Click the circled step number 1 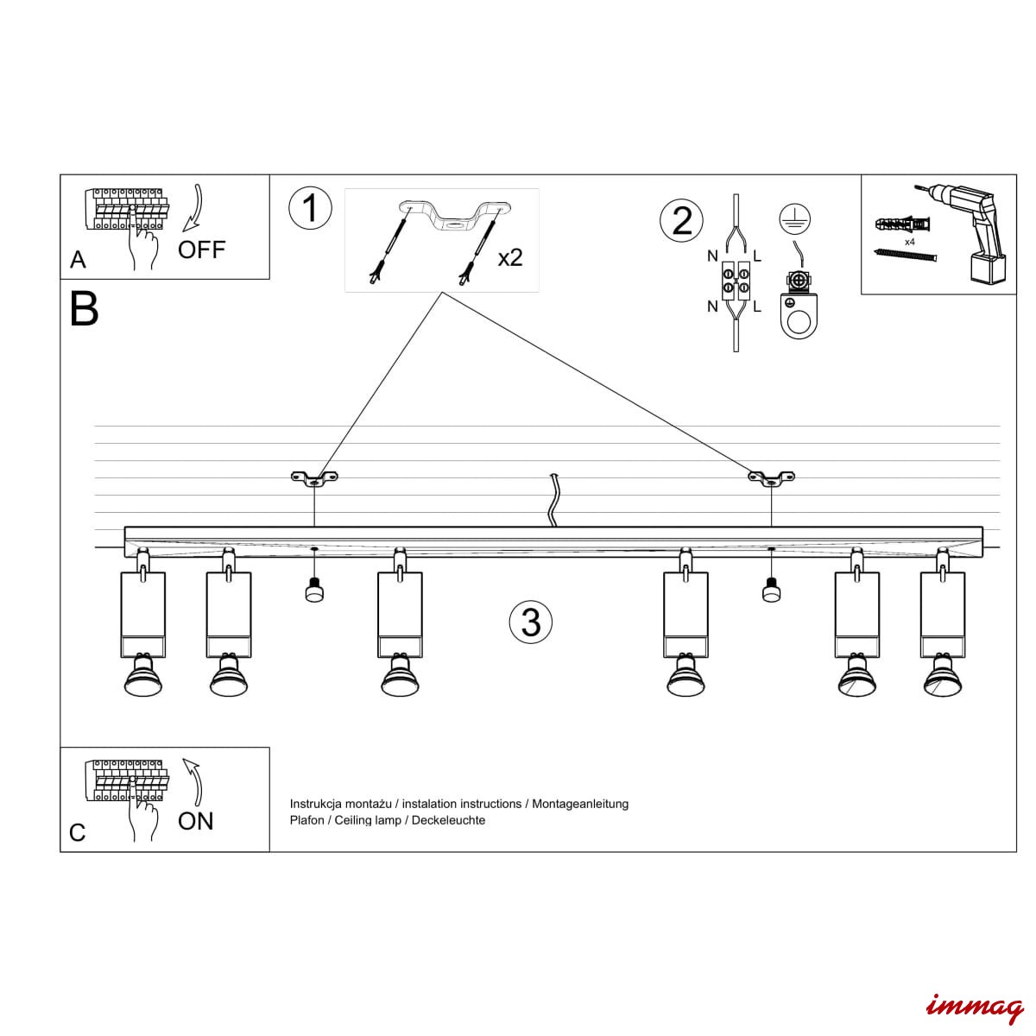(x=311, y=209)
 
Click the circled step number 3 (x=530, y=622)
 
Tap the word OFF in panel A (x=201, y=250)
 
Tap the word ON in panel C (x=195, y=821)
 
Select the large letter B (x=85, y=308)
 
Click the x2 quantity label (x=509, y=257)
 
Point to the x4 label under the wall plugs (x=909, y=243)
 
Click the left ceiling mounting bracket (x=314, y=477)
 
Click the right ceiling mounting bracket (x=771, y=477)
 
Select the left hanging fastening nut (x=314, y=591)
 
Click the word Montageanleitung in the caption (x=580, y=804)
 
